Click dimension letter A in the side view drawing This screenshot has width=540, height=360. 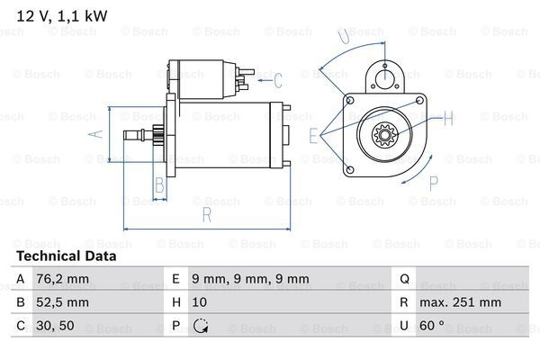click(x=101, y=136)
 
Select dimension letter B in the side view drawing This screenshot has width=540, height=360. click(x=158, y=186)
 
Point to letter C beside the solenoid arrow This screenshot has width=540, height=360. click(x=278, y=80)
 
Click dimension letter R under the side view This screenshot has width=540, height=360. click(x=206, y=216)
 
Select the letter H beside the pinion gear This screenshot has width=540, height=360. click(x=448, y=115)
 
